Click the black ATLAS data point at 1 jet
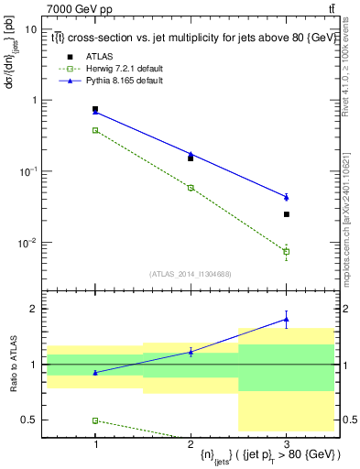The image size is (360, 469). pos(95,110)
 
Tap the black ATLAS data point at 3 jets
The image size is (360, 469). pos(287,214)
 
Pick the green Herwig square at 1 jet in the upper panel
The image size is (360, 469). pos(95,130)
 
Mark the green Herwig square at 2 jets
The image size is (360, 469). pos(191,187)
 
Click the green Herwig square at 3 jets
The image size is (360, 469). pos(287,251)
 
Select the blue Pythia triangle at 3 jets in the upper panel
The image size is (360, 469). pos(287,197)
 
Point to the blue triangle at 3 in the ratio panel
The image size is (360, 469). pos(287,319)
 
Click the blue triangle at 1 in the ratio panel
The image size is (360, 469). pos(95,372)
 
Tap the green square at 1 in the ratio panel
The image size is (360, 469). pos(95,420)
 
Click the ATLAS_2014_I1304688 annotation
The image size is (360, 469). pos(191,274)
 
